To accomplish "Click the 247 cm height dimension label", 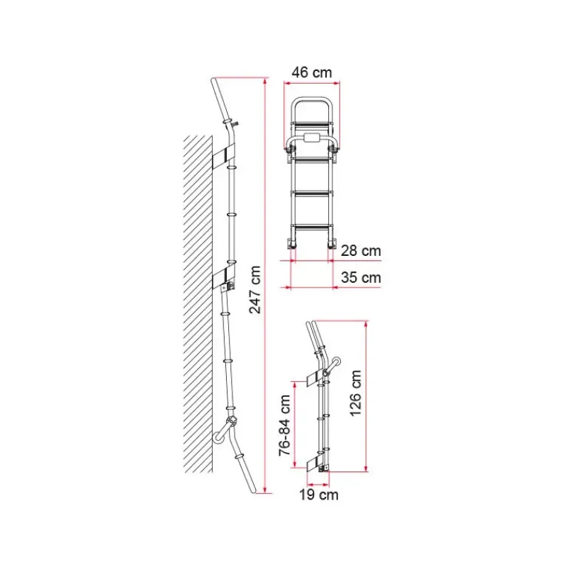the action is (255, 289).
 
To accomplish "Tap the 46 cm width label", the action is (312, 72).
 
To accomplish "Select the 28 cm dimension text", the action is (361, 251).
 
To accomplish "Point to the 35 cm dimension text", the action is (361, 278).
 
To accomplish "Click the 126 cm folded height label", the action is (356, 393).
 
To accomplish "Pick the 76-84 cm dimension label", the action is (285, 425).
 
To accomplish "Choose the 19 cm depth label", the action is (318, 495).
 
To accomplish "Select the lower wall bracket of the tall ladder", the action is (223, 276).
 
